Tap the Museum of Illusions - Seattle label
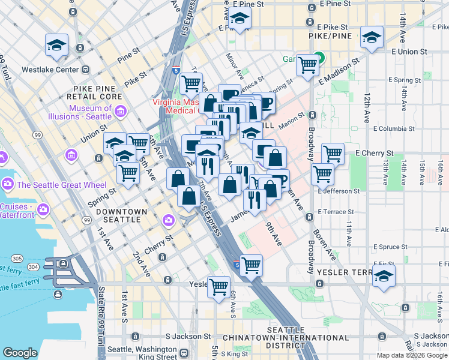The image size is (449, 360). coord(90,112)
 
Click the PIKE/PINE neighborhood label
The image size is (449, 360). coord(330,37)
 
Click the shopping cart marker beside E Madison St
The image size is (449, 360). coord(307,64)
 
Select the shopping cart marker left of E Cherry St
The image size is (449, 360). coord(332,153)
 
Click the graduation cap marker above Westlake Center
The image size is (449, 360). coord(57,45)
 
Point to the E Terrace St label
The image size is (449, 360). coord(337,212)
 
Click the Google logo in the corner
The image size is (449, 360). coord(20,353)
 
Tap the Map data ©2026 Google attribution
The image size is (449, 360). coord(411,355)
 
